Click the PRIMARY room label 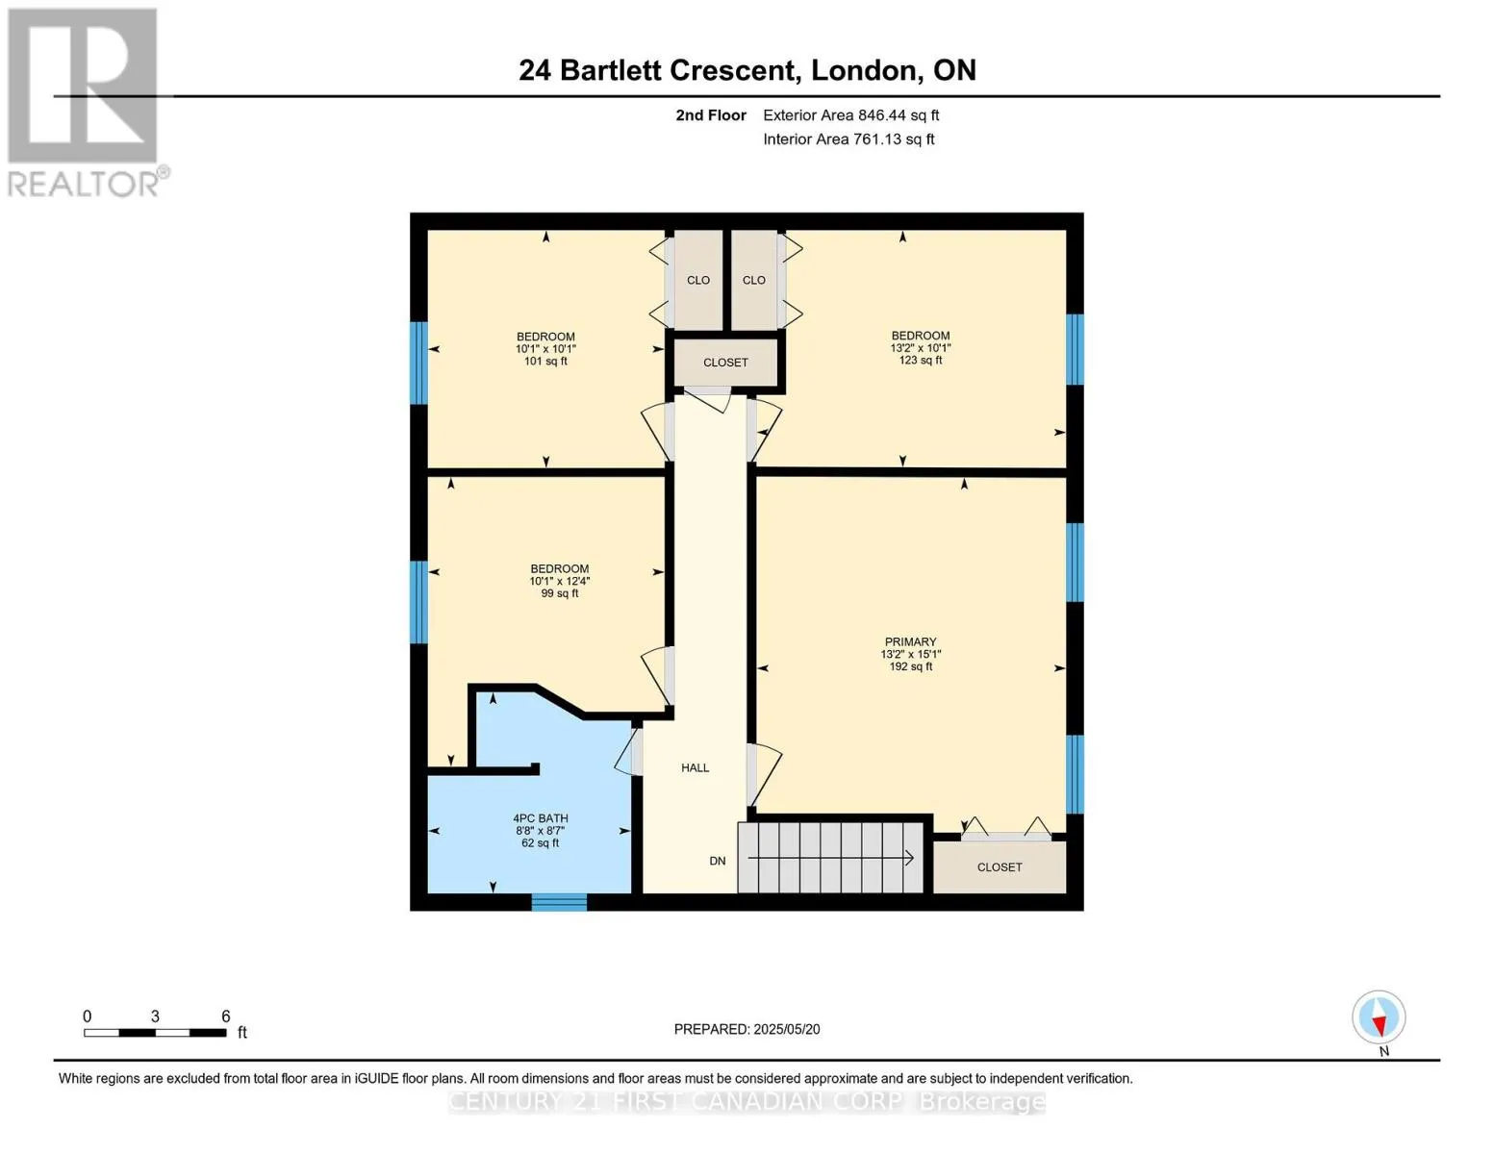[910, 642]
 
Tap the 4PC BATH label [541, 818]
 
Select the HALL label [696, 767]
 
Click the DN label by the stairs [717, 861]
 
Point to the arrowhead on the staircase [909, 858]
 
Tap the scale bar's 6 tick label [225, 1016]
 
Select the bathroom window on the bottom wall [559, 902]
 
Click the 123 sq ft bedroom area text [920, 361]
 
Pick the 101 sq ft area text [545, 361]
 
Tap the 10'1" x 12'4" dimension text [559, 582]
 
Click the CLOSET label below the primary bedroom [999, 867]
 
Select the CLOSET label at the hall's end [725, 363]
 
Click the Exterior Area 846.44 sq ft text [851, 115]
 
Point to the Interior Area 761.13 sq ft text [849, 139]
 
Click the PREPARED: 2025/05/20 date [747, 1029]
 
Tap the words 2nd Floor [711, 115]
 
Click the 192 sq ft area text [910, 666]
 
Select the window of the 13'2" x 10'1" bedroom [1075, 349]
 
